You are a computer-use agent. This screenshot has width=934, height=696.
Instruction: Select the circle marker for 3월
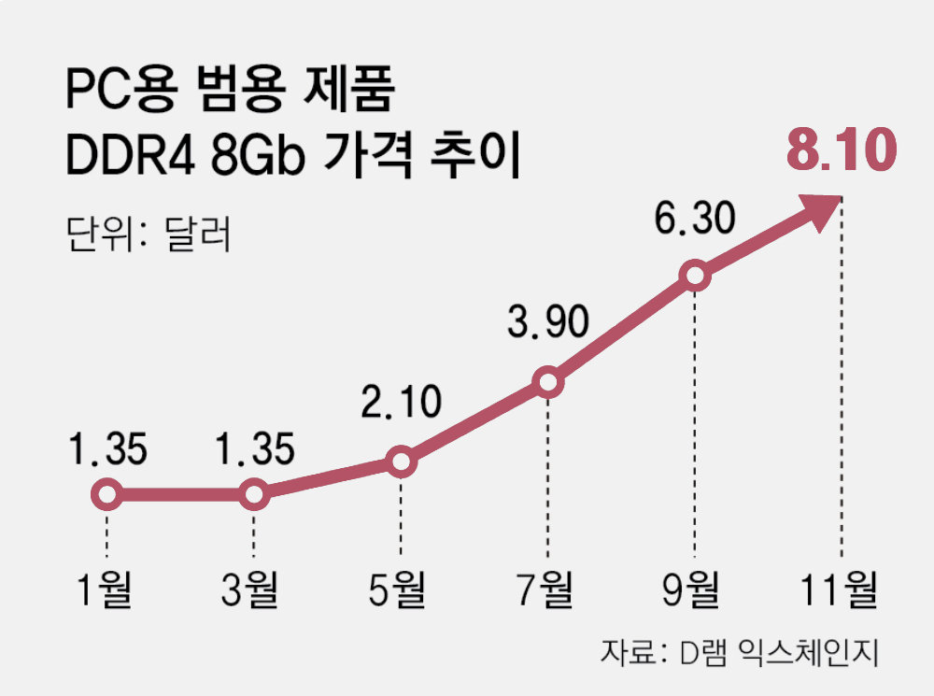pos(253,494)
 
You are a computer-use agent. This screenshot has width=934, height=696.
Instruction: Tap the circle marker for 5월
pos(400,462)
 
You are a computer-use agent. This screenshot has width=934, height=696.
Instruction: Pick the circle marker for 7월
pos(547,381)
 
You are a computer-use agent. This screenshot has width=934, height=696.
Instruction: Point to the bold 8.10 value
pos(841,151)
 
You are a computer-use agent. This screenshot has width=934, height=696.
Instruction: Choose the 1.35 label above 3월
pos(253,450)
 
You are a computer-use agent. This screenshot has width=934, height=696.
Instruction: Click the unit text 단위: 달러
pos(148,233)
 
